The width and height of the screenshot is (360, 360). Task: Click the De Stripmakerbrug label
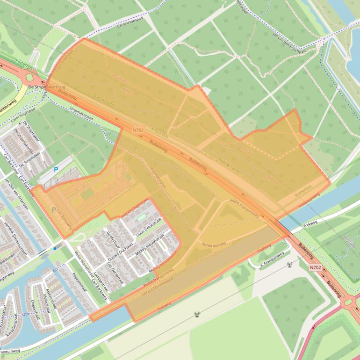[x=46, y=87]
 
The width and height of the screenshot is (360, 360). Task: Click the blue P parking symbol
[x=56, y=170]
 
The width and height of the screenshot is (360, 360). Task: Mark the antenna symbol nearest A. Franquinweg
[x=289, y=265]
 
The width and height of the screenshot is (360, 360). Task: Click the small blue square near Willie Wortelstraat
[x=55, y=249]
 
